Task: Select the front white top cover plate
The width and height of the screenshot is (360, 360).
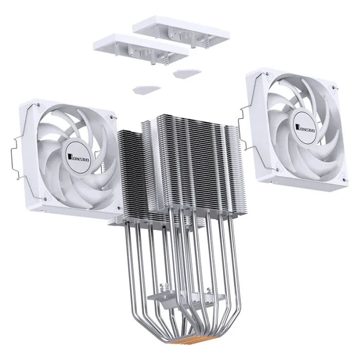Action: pos(140,46)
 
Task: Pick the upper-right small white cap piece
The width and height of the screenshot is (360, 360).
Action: pos(186,72)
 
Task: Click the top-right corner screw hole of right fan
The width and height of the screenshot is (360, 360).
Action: pos(335,91)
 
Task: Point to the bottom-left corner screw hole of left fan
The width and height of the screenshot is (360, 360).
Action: pos(46,199)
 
